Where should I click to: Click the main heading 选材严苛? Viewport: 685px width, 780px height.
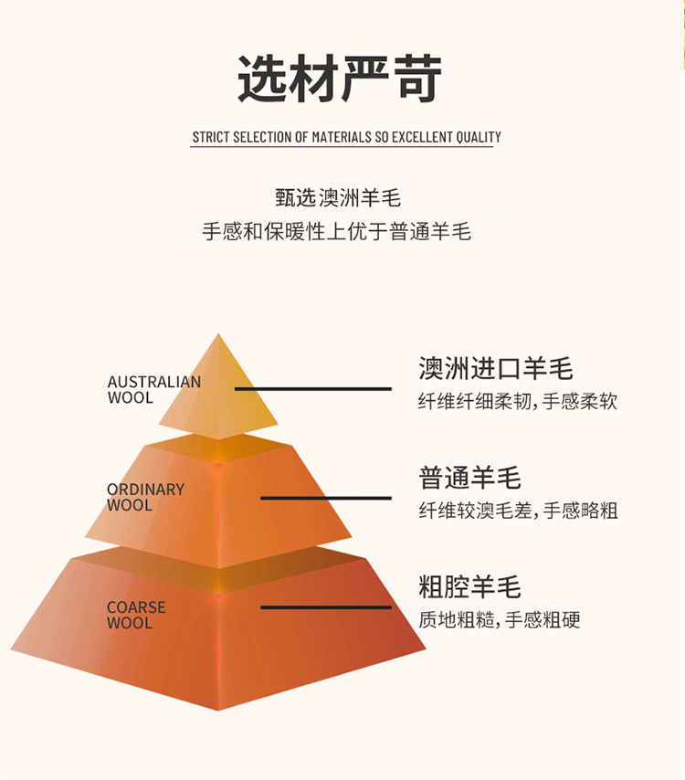[341, 79]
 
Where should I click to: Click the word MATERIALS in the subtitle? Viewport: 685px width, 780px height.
[341, 137]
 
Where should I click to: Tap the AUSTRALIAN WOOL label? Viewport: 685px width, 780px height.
[153, 389]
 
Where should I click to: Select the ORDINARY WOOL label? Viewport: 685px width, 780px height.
[145, 497]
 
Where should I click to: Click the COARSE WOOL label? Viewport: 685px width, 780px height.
[136, 615]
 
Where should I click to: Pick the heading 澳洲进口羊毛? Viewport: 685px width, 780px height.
[495, 368]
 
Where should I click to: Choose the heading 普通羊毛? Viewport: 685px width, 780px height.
[469, 478]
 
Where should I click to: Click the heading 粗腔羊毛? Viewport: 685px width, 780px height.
[469, 586]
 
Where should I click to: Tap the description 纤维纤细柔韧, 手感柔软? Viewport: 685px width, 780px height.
[518, 401]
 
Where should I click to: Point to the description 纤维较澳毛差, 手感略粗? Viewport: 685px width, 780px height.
[518, 511]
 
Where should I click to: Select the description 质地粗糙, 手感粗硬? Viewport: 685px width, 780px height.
[499, 620]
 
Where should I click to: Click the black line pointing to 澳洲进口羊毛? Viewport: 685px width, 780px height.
[312, 388]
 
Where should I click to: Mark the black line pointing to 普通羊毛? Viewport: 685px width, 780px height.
[325, 498]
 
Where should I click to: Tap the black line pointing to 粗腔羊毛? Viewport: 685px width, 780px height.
[325, 607]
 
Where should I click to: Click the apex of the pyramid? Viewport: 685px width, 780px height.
[218, 336]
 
